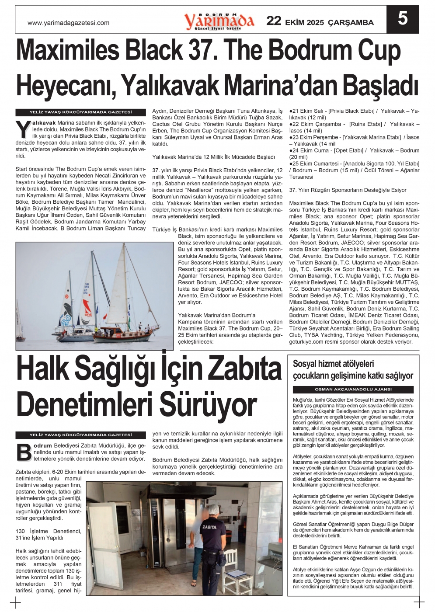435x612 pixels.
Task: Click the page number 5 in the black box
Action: pyautogui.click(x=402, y=18)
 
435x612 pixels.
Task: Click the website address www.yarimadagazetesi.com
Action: pyautogui.click(x=68, y=23)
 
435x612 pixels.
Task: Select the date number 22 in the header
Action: pyautogui.click(x=274, y=21)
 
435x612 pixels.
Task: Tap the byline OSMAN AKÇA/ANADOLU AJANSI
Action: pyautogui.click(x=353, y=389)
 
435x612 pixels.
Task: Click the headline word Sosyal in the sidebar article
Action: pyautogui.click(x=306, y=364)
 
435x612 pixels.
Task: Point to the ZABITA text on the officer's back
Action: pyautogui.click(x=209, y=527)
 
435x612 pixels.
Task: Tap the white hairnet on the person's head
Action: pyautogui.click(x=214, y=511)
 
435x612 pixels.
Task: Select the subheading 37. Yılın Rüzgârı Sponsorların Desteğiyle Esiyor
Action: pyautogui.click(x=348, y=190)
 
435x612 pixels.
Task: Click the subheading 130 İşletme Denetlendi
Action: pyautogui.click(x=49, y=532)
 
